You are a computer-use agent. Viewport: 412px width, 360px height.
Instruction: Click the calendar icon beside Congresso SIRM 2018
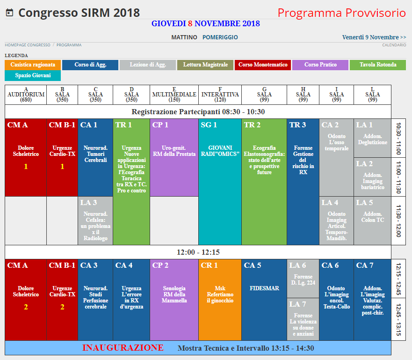pyautogui.click(x=9, y=13)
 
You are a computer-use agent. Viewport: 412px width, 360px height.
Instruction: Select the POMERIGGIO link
pyautogui.click(x=220, y=37)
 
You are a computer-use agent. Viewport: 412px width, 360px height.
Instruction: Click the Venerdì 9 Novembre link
pyautogui.click(x=374, y=37)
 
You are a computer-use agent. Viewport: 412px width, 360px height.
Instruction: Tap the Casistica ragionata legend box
pyautogui.click(x=33, y=65)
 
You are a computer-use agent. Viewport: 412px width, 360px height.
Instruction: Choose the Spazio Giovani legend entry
pyautogui.click(x=33, y=75)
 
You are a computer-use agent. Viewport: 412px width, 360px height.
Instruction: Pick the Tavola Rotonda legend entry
pyautogui.click(x=378, y=65)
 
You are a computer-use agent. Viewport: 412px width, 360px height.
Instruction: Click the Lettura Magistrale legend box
pyautogui.click(x=205, y=65)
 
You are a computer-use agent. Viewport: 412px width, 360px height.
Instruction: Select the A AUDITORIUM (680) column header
pyautogui.click(x=26, y=95)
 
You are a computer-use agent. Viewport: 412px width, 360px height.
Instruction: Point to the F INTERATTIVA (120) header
pyautogui.click(x=220, y=95)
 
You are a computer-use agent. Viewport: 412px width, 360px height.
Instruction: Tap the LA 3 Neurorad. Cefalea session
pyautogui.click(x=95, y=220)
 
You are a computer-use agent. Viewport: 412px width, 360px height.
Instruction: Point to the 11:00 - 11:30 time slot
pyautogui.click(x=398, y=177)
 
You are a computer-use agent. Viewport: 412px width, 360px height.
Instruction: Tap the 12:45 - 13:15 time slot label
pyautogui.click(x=398, y=320)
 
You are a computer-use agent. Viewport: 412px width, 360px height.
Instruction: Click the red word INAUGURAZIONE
pyautogui.click(x=123, y=348)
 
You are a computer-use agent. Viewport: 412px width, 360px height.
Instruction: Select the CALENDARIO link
pyautogui.click(x=394, y=45)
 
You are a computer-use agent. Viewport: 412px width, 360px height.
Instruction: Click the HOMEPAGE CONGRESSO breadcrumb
pyautogui.click(x=28, y=45)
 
